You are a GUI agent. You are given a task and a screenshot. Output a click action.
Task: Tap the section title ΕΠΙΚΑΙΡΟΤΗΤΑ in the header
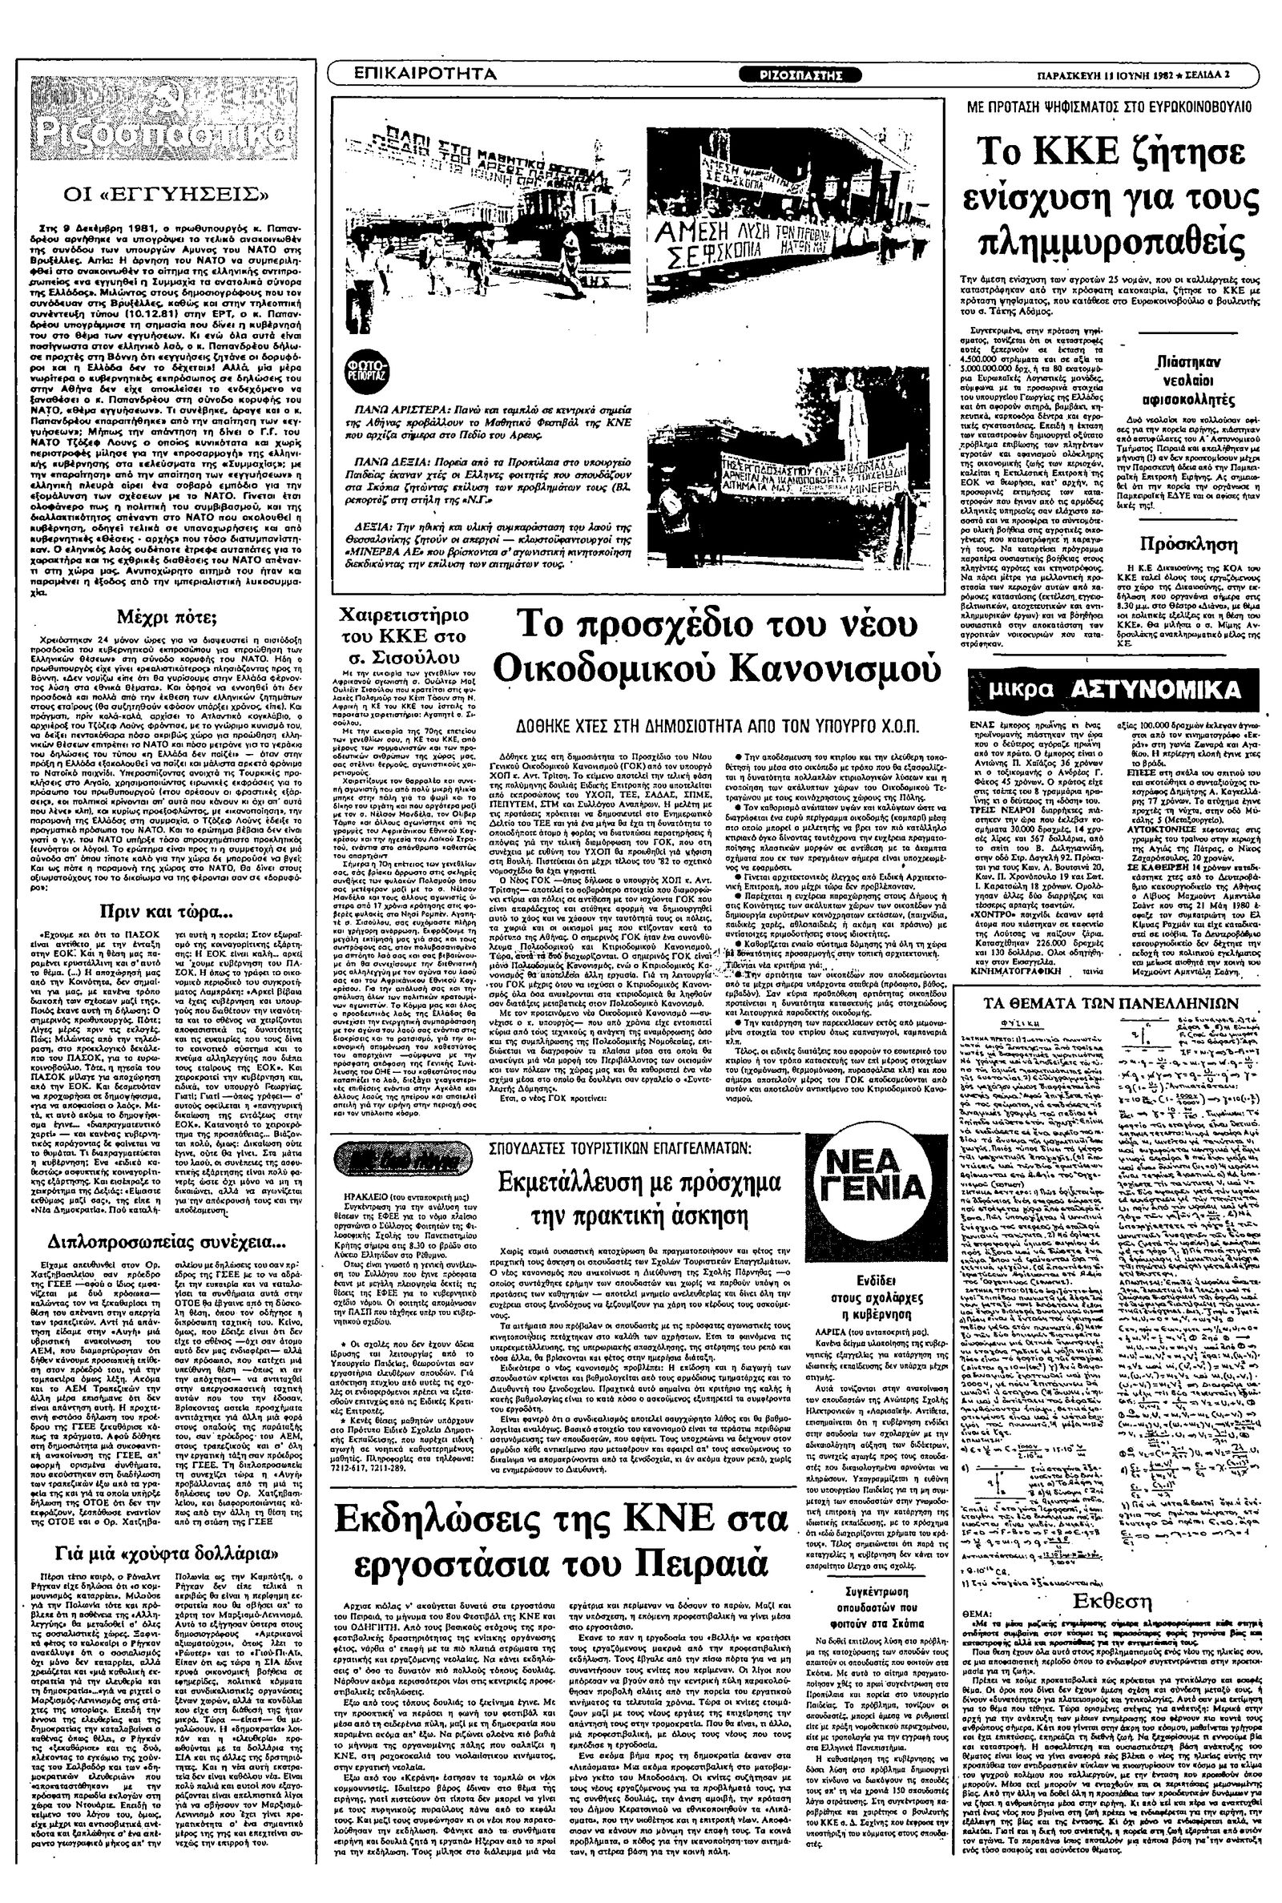click(425, 75)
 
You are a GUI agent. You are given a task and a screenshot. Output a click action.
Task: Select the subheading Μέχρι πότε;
click(167, 615)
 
